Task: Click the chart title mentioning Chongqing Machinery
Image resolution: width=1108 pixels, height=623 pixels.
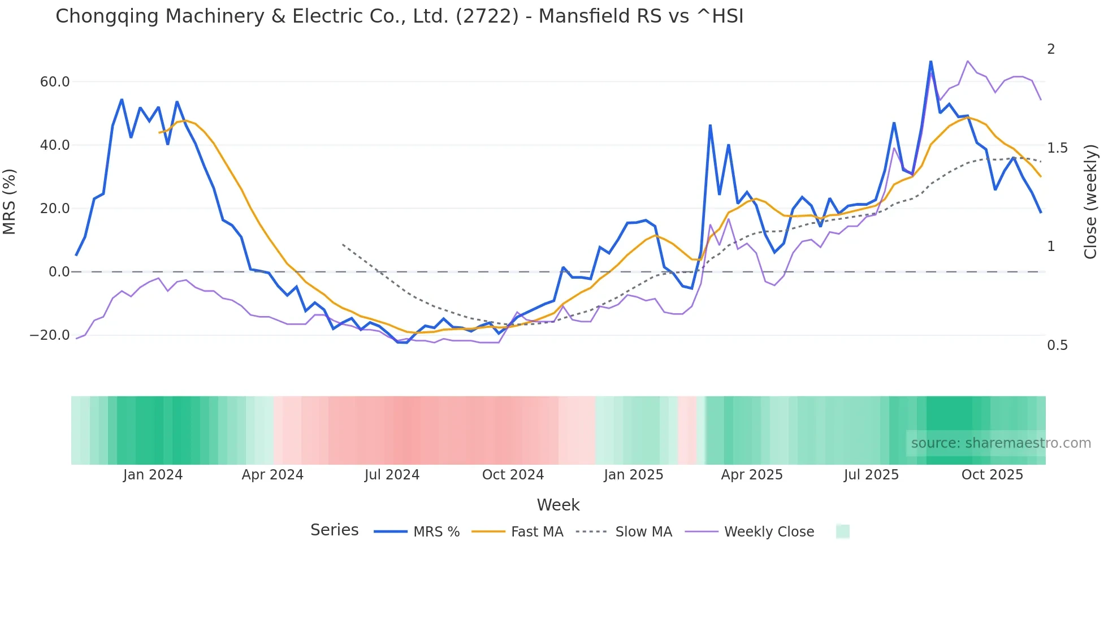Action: [x=399, y=16]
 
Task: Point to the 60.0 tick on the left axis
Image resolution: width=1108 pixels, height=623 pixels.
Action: [x=55, y=82]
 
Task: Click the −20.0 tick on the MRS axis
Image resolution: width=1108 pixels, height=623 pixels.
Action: [x=50, y=335]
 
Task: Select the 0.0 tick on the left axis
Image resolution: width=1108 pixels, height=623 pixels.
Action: [x=59, y=272]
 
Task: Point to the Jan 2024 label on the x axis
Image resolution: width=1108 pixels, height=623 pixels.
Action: [x=153, y=475]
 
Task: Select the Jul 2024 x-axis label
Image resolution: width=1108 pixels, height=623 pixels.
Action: [x=392, y=475]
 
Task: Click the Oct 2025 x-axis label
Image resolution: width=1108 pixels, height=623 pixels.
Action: [x=992, y=475]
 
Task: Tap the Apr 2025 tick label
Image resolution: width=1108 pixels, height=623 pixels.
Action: [x=751, y=475]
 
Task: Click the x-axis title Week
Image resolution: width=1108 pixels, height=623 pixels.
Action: [x=558, y=505]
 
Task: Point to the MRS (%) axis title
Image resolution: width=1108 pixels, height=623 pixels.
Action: [x=10, y=202]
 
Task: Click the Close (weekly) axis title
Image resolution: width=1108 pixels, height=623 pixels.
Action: [x=1090, y=202]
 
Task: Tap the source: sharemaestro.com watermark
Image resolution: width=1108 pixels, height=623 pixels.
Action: [x=1001, y=443]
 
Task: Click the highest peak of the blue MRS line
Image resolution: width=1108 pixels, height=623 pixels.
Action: [x=930, y=61]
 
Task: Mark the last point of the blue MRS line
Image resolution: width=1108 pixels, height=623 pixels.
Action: [x=1041, y=213]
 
